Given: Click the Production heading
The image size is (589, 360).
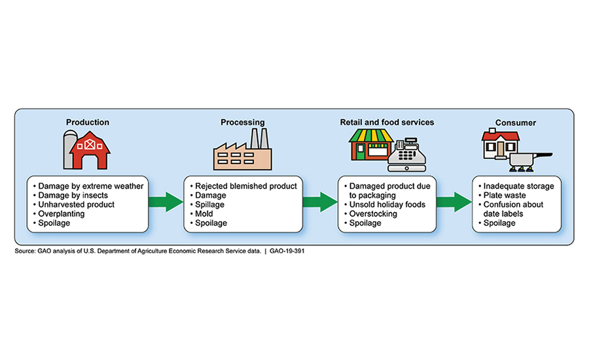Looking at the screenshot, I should click(88, 122).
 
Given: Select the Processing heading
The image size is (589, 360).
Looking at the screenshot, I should click(242, 122).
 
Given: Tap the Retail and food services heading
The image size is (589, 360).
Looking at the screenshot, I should click(387, 122).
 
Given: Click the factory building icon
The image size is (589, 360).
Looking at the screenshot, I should click(241, 153).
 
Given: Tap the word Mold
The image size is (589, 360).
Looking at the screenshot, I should click(204, 213).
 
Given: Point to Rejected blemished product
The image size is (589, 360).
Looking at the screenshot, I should click(245, 186).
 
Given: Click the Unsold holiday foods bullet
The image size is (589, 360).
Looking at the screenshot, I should click(385, 204).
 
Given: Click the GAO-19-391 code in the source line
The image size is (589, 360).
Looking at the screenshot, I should click(283, 251).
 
